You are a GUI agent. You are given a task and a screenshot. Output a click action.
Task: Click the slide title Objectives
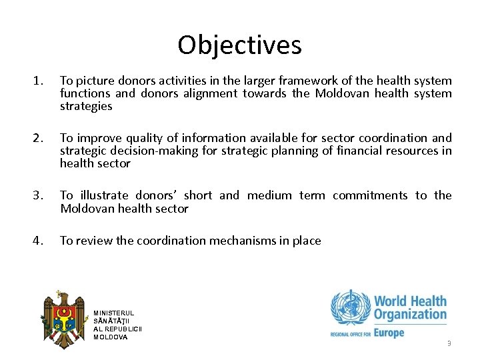tap(239, 45)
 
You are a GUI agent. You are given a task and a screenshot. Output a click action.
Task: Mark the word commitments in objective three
tap(370, 196)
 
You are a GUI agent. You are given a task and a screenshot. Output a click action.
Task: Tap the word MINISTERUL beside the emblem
tap(113, 313)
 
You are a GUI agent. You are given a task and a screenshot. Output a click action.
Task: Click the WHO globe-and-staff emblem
tap(349, 307)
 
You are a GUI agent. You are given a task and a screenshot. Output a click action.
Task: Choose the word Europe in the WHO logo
tap(389, 332)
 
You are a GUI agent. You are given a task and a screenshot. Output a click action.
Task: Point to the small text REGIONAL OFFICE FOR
tap(350, 334)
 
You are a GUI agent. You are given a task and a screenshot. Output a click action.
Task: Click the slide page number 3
tap(449, 344)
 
